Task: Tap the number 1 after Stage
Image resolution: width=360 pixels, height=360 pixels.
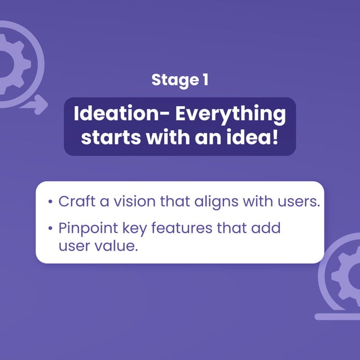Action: pos(204,80)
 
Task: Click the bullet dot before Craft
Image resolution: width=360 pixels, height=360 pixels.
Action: pos(51,202)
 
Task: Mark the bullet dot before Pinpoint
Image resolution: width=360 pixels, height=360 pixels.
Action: pos(51,229)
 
